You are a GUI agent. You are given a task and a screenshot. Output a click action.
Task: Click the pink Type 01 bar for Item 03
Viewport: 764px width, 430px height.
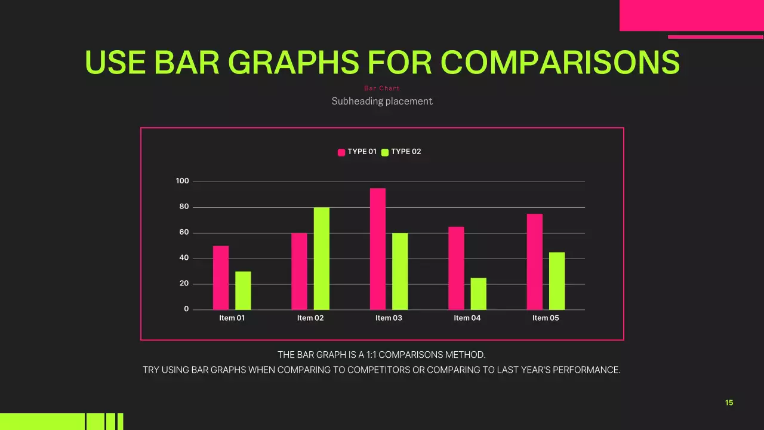tap(378, 249)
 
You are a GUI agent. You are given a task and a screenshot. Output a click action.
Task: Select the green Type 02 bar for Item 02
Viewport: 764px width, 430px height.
tap(322, 259)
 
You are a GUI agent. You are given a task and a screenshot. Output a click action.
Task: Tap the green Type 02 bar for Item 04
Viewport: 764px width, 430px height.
tap(478, 294)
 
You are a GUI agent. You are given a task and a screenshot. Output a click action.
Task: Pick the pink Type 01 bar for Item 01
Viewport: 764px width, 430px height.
tap(221, 278)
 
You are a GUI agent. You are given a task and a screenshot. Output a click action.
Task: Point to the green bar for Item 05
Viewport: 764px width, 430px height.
tap(557, 281)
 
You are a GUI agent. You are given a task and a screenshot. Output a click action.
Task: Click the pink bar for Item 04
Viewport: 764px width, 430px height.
tap(456, 268)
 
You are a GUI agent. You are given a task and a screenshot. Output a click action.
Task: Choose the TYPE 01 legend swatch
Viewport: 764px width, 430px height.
tap(341, 152)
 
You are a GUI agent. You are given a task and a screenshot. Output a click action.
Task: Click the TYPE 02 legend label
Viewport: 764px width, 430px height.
tap(406, 152)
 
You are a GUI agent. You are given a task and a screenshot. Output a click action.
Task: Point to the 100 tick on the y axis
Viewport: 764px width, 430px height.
tap(182, 182)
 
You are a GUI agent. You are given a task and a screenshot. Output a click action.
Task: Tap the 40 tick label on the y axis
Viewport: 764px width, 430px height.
tap(184, 258)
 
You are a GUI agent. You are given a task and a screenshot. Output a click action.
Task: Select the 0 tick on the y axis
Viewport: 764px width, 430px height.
tap(186, 309)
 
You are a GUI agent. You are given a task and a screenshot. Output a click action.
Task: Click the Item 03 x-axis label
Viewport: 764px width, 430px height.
tap(389, 318)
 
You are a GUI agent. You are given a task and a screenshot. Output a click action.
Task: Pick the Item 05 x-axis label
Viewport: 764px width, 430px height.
tap(546, 318)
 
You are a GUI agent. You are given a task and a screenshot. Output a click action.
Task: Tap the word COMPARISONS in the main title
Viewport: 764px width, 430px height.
tap(560, 62)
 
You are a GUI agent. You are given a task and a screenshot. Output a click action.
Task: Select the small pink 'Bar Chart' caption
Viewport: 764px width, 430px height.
tap(382, 88)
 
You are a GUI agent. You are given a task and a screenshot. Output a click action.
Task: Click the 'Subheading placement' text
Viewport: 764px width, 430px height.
tap(382, 102)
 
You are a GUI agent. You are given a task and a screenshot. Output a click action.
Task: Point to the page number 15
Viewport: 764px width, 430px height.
tap(729, 403)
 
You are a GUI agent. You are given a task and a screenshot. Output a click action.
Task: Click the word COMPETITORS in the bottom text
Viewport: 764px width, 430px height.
tap(378, 370)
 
